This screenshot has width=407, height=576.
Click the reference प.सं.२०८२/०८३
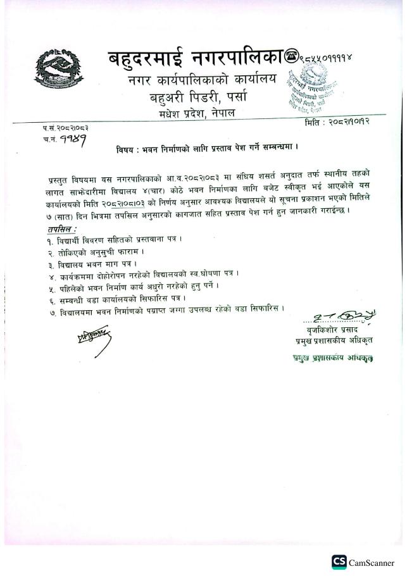pos(61,128)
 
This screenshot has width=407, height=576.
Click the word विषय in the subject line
pos(126,150)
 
